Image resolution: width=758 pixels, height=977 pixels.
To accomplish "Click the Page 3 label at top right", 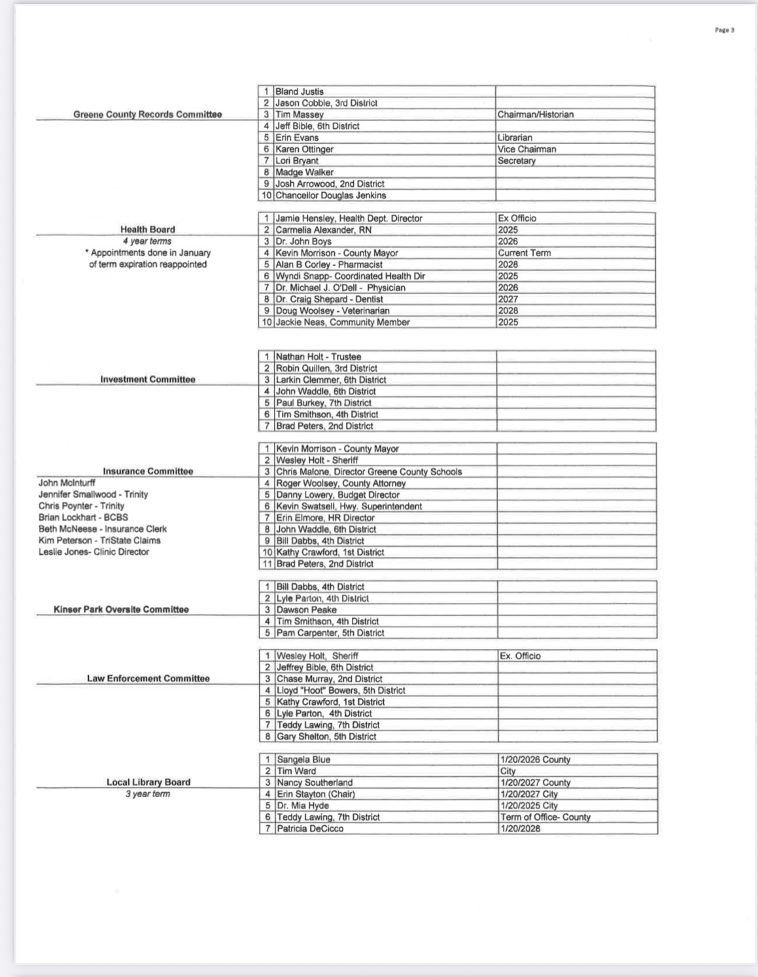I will click(724, 29).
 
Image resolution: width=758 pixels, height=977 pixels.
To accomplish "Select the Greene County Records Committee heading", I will click(147, 114).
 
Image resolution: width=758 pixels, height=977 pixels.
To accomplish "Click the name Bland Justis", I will click(300, 92).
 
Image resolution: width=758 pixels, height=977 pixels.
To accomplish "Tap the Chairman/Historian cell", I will click(536, 114).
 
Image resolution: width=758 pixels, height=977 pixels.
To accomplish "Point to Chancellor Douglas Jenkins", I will click(330, 196).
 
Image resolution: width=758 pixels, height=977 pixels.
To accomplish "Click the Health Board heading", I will click(147, 230).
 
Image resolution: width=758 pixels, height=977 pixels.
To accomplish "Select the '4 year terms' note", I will click(147, 241).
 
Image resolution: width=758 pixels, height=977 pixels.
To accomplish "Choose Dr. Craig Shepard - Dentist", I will click(329, 299).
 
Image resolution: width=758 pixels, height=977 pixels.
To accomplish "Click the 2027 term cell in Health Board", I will click(508, 299).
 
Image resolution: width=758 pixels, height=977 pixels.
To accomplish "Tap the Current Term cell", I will click(525, 253).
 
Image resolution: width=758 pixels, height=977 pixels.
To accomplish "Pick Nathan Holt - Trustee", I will click(318, 356).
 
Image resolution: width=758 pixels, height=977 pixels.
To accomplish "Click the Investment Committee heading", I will click(147, 379).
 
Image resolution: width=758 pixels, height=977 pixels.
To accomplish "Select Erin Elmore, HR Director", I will click(325, 518).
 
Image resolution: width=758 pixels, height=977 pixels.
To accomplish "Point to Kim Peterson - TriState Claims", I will click(99, 540).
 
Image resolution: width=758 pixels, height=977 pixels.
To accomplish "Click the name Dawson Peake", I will click(306, 609).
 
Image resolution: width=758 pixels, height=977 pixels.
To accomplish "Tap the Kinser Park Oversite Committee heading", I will click(121, 609).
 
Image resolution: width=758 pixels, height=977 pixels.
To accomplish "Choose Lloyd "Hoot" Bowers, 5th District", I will click(341, 691).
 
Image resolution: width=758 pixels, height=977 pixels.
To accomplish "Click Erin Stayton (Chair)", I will click(315, 794).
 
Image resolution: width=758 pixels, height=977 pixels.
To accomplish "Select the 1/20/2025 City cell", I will click(528, 806).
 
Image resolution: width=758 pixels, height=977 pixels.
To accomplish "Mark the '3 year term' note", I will click(147, 794).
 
